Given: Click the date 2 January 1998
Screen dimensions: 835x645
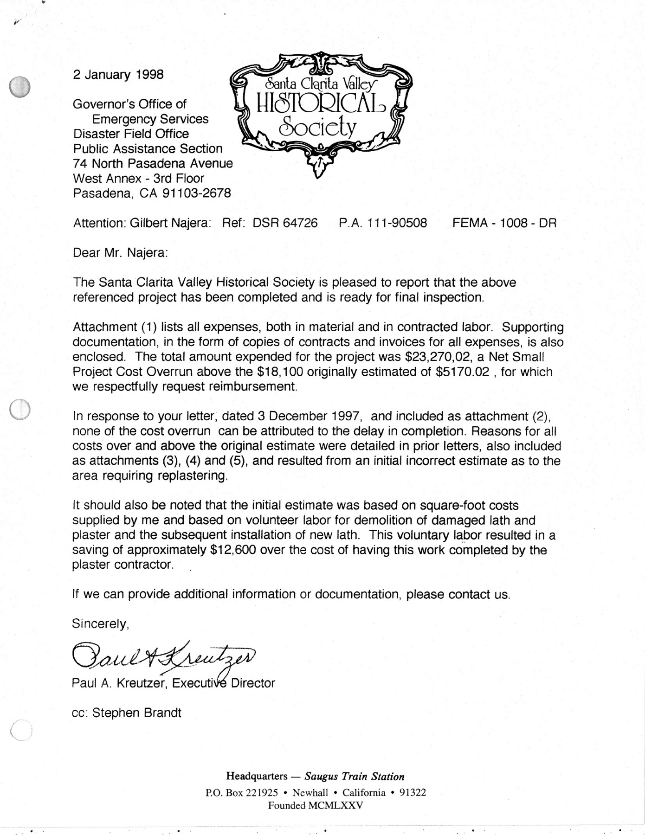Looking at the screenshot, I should (x=118, y=74).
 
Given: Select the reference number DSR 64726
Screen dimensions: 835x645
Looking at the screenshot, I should (x=285, y=223).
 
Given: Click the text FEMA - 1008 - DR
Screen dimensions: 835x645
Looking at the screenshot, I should (x=504, y=223).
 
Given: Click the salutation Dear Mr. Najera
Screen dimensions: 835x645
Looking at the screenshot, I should (x=120, y=253).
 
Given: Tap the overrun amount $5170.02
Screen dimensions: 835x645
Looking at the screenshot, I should (x=463, y=372).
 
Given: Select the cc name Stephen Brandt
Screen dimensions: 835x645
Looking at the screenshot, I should (x=137, y=713).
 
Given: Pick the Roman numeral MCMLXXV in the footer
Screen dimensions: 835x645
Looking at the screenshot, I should (x=334, y=805).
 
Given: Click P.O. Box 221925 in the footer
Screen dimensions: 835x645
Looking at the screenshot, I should (x=241, y=792).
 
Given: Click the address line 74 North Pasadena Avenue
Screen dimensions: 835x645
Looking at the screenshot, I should (x=153, y=163).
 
